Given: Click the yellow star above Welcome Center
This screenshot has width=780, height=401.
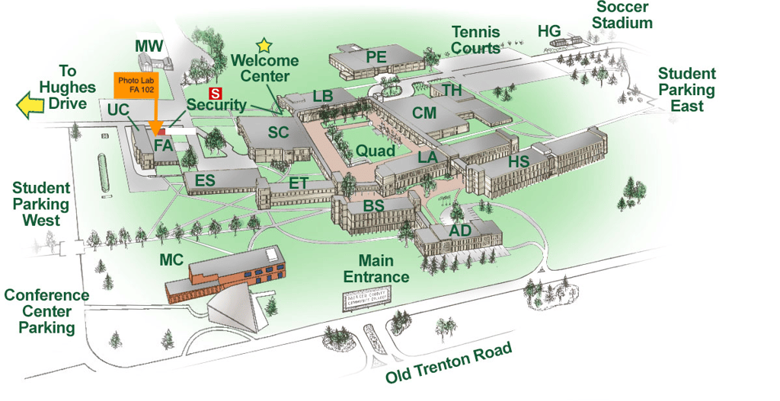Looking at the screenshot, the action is click(264, 46).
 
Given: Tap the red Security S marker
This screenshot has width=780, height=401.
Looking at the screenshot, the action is click(216, 93).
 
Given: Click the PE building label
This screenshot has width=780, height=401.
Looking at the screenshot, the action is click(376, 56).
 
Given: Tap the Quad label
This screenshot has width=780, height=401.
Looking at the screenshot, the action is click(376, 151).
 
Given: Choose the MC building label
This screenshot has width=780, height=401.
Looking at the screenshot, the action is click(171, 259).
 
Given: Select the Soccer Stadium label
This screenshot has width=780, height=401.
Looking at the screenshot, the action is click(622, 15).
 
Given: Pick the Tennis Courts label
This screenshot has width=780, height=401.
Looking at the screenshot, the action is click(475, 40).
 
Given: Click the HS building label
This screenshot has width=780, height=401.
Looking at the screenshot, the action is click(519, 161).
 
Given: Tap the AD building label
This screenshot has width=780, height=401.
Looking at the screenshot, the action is click(460, 230).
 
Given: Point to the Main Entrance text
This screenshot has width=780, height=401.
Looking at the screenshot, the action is click(373, 269).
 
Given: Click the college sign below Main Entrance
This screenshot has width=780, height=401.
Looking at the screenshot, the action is click(366, 298).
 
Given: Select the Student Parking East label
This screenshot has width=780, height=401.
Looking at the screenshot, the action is click(687, 90).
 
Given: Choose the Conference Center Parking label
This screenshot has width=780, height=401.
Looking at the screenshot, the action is click(46, 311).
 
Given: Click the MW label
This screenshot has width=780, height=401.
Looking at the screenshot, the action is click(149, 46).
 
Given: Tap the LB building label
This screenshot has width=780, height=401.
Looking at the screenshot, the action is click(323, 97).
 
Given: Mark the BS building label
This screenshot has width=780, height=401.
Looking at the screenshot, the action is click(373, 206).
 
